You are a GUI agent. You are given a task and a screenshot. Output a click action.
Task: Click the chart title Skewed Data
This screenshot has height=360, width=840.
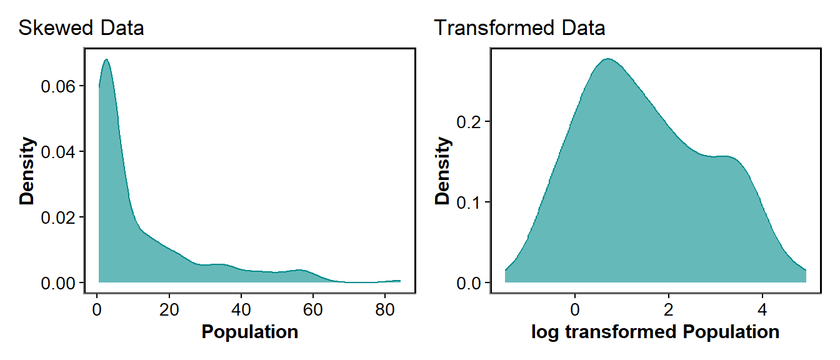coord(81,28)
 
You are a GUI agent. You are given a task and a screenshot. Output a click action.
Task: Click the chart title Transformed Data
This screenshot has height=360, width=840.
coord(519,28)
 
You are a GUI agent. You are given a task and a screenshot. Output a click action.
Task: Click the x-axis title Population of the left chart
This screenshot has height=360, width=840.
coord(249,332)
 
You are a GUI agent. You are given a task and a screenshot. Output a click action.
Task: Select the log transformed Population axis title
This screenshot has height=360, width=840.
coord(655,332)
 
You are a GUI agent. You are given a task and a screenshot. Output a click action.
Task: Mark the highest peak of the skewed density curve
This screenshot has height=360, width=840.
coord(106,59)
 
